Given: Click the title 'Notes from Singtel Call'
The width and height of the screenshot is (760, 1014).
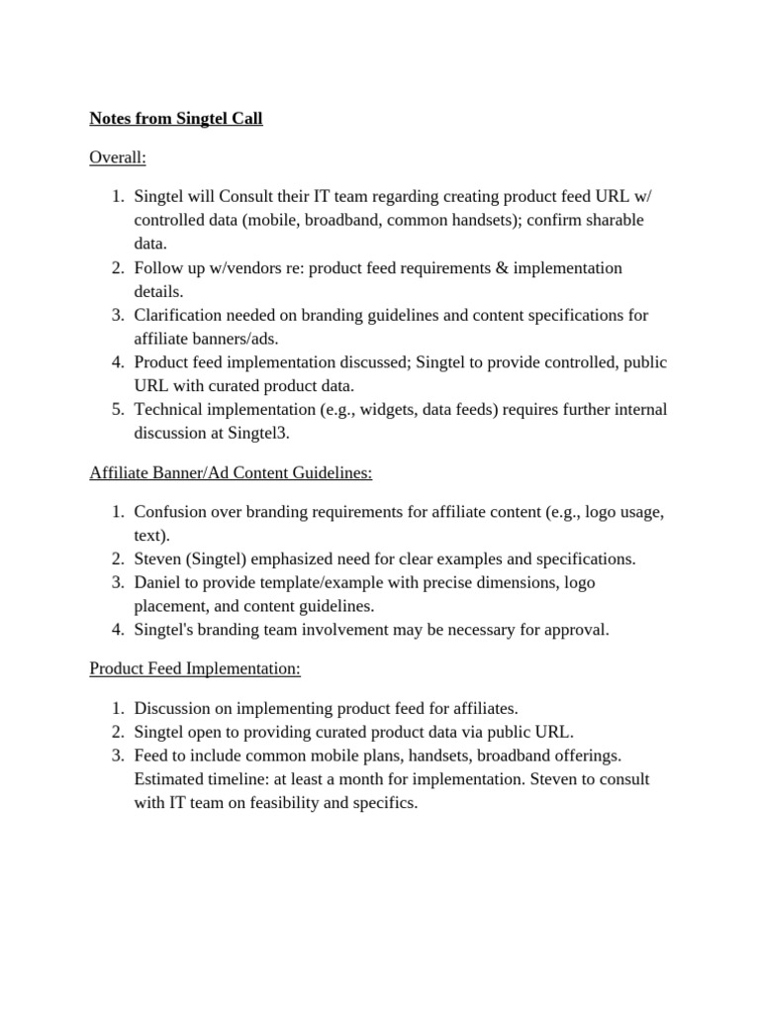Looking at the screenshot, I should [x=176, y=119].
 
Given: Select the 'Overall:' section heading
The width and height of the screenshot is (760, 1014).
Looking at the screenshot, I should [x=118, y=157].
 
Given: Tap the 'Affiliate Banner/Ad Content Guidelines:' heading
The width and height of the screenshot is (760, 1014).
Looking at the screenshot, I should [x=231, y=473].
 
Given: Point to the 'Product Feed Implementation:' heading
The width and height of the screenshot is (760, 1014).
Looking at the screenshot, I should [x=195, y=669].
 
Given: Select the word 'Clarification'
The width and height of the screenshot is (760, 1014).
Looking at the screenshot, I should [x=179, y=316].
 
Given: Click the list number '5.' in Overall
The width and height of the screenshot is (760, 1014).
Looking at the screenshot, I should [x=117, y=410].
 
